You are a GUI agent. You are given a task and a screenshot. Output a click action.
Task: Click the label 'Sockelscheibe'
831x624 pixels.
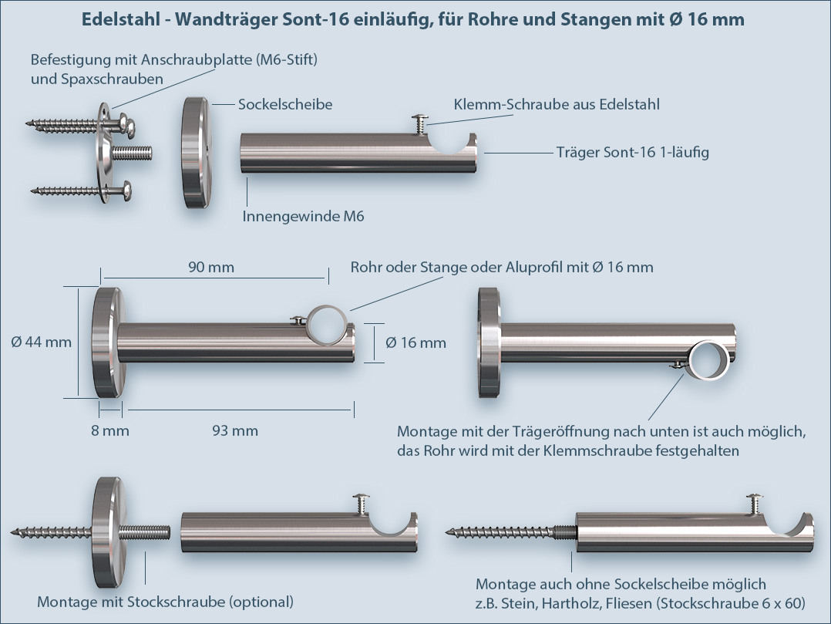(285, 104)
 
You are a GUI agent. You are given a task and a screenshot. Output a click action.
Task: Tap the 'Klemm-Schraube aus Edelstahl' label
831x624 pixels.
(557, 104)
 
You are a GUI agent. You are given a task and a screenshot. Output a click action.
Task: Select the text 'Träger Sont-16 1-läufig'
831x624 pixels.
(632, 152)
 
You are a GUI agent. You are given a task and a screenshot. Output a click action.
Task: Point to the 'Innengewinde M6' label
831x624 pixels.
(303, 217)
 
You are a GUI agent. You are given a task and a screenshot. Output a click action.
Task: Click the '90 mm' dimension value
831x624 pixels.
(210, 268)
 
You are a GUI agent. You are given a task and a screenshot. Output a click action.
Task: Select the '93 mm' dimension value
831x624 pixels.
(234, 430)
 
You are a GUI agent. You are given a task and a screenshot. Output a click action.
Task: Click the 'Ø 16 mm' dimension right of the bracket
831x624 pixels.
(416, 342)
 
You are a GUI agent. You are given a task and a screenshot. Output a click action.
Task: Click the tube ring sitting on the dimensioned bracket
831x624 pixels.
(327, 322)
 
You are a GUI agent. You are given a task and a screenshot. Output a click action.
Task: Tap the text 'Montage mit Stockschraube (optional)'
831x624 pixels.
(166, 602)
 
